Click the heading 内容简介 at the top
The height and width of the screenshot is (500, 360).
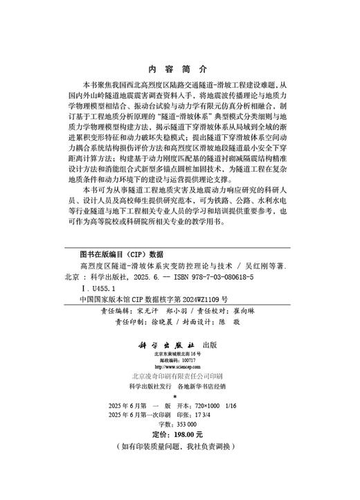(x=178, y=69)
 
